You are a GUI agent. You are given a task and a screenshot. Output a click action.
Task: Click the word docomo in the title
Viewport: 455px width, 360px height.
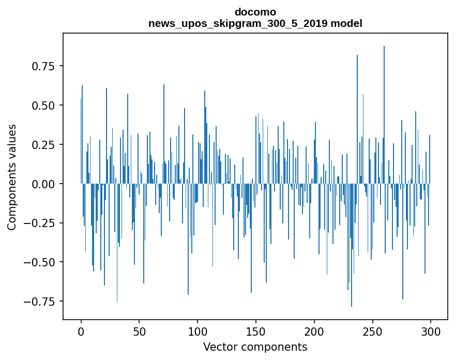[x=255, y=12]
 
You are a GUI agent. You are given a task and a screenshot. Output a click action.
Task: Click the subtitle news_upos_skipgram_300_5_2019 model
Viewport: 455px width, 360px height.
[x=255, y=23]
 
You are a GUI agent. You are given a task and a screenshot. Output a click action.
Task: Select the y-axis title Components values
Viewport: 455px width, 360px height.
[x=12, y=177]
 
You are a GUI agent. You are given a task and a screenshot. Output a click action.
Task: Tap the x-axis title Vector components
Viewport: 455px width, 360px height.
[x=255, y=347]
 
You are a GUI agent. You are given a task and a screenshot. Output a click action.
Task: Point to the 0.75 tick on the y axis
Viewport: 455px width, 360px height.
[x=43, y=66]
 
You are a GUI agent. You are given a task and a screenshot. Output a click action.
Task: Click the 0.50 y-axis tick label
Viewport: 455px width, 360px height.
[x=43, y=106]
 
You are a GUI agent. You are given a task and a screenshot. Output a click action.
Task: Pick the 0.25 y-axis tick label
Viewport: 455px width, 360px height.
[x=43, y=145]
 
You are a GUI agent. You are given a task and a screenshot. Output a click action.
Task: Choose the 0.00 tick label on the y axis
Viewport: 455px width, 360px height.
[x=43, y=184]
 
